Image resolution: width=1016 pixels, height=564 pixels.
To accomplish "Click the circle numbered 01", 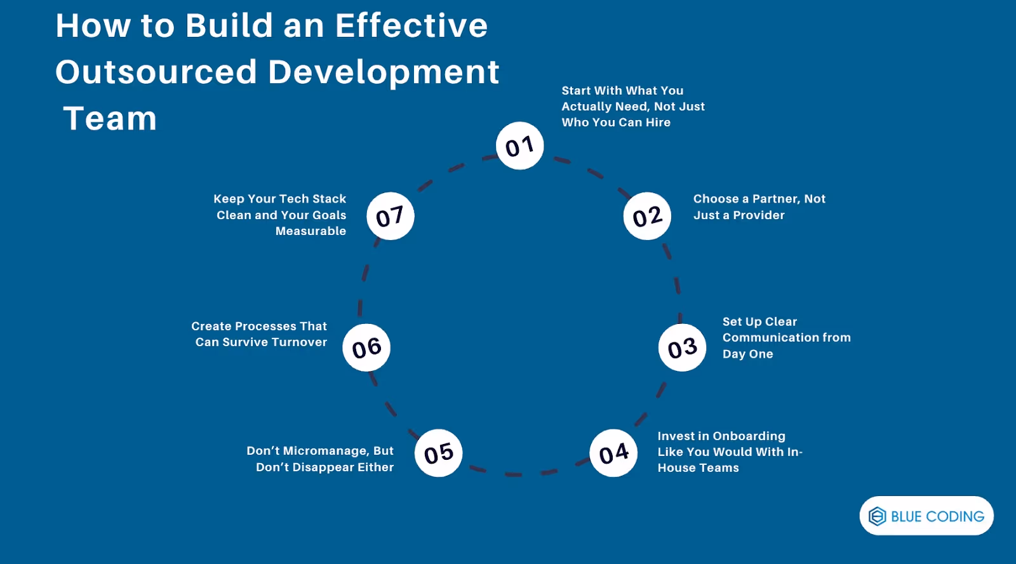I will tap(519, 146).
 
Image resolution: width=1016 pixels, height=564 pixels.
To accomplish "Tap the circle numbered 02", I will tap(647, 216).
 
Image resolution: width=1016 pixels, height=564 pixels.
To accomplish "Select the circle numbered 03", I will tap(682, 347).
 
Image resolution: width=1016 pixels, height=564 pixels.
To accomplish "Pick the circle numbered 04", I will tap(613, 453).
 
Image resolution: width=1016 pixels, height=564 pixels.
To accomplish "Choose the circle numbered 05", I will tap(438, 453).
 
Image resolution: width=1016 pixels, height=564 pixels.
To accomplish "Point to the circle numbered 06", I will tap(366, 347).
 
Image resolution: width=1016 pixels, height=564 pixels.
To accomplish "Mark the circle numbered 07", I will tap(390, 216).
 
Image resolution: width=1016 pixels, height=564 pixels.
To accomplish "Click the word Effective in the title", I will tap(411, 26).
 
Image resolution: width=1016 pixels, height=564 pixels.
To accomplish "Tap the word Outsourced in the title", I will tap(156, 72).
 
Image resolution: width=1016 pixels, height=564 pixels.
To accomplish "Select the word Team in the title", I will tap(110, 119).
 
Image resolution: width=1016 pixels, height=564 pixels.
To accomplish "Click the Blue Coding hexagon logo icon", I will tap(877, 516).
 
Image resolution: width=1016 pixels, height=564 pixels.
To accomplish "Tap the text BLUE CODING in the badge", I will tap(937, 517).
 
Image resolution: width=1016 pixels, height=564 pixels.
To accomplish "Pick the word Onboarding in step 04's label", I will tap(749, 436).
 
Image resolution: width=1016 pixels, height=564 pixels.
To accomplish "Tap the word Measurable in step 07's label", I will tap(311, 231).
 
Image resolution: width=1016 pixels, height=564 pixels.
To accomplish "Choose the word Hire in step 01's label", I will tap(658, 123).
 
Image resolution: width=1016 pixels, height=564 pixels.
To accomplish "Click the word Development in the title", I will tap(384, 72).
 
